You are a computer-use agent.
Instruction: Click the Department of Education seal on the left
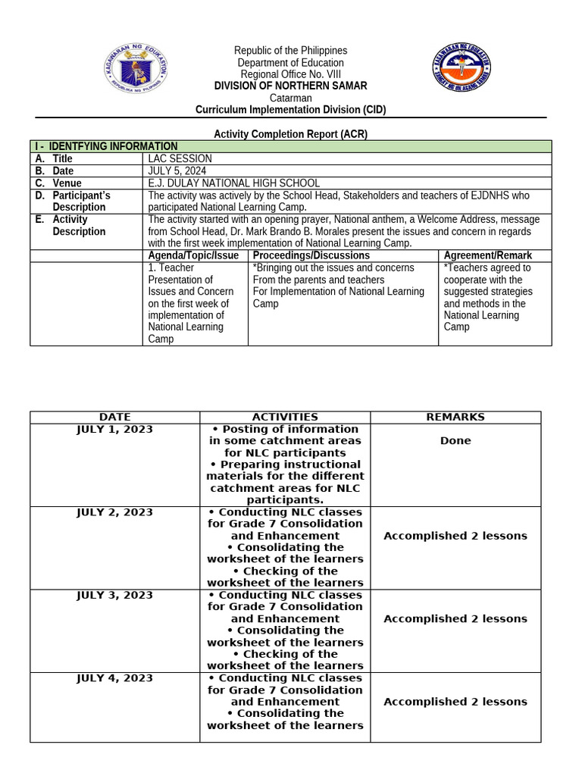[135, 74]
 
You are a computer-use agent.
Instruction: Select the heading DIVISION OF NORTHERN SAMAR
[290, 86]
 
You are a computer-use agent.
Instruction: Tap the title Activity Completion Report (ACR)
[290, 134]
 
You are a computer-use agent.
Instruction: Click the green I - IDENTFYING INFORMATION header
[114, 146]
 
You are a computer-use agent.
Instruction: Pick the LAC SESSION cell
[180, 158]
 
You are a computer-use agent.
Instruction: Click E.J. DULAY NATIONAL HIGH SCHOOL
[233, 183]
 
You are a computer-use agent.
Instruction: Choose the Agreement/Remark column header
[488, 255]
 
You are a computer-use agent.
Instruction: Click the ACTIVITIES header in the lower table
[285, 417]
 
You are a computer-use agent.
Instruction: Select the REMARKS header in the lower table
[455, 417]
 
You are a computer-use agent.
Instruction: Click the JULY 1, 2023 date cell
[114, 429]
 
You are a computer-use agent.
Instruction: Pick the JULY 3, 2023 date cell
[114, 595]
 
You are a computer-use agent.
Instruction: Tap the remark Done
[455, 440]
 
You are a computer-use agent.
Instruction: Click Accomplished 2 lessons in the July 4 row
[455, 702]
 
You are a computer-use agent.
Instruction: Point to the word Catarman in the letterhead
[290, 98]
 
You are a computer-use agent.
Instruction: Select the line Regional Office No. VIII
[290, 74]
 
